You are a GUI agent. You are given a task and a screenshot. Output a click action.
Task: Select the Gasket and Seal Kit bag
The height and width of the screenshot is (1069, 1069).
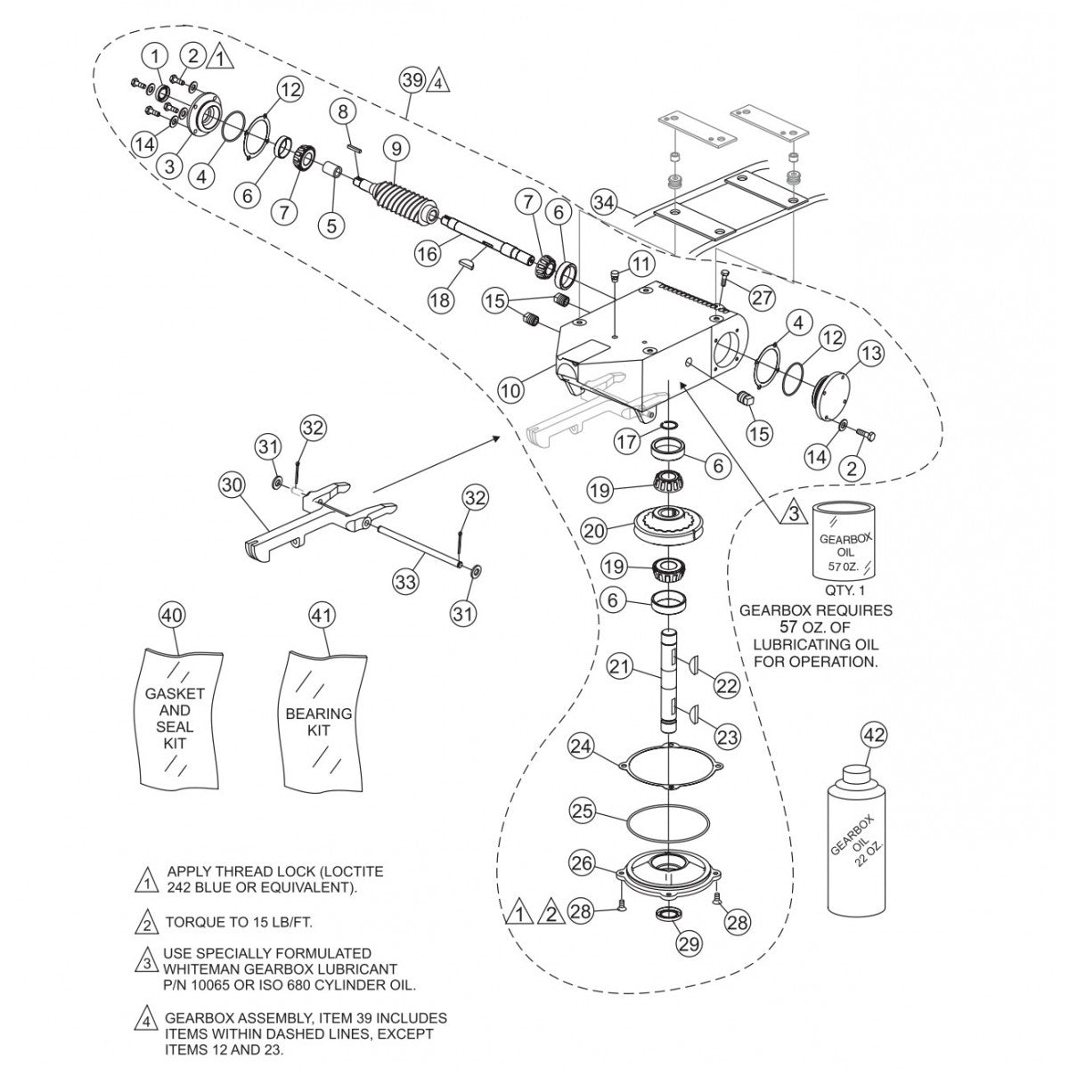point(175,718)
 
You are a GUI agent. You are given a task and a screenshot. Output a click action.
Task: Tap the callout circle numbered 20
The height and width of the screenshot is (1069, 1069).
point(594,529)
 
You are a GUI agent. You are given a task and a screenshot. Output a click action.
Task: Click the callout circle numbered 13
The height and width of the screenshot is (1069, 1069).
point(870,354)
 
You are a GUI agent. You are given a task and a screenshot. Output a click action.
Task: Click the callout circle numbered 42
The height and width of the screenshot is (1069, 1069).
point(874,736)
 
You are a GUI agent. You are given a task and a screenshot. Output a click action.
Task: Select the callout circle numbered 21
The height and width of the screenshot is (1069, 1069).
point(621,665)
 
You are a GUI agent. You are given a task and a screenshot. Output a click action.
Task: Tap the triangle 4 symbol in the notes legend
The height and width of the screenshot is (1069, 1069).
point(145,1017)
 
